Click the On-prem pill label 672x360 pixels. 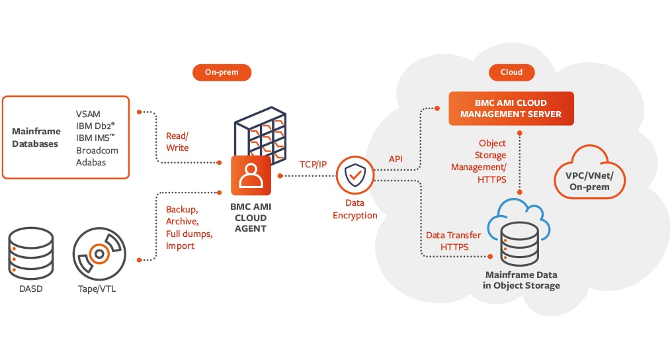(x=215, y=71)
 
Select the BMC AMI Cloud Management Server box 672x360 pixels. (x=511, y=109)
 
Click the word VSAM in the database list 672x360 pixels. (x=88, y=114)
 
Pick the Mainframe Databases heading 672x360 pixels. (x=36, y=138)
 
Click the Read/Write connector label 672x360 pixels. (x=177, y=142)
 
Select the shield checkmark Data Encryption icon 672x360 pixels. (x=355, y=176)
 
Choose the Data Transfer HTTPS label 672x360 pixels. (x=453, y=241)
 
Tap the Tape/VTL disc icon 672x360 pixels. (x=99, y=252)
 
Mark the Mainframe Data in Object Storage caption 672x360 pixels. (x=522, y=280)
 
